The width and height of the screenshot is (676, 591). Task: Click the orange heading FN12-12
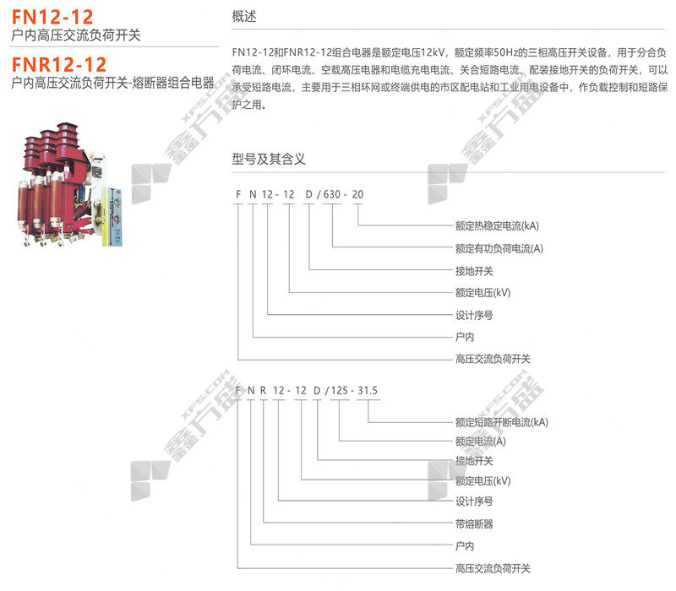(x=52, y=16)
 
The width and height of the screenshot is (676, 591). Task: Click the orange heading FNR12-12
(x=59, y=64)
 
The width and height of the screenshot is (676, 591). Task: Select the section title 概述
(x=243, y=17)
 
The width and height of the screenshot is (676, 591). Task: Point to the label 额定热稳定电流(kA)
(x=496, y=226)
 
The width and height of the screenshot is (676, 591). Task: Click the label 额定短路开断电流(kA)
(x=501, y=421)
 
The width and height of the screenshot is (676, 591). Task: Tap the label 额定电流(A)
(x=480, y=441)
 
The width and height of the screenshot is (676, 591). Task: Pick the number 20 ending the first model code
(x=358, y=195)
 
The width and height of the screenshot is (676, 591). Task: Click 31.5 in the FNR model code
(x=368, y=390)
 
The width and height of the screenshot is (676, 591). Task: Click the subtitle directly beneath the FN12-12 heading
(x=77, y=35)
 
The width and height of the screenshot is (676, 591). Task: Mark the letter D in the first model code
(x=309, y=195)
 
